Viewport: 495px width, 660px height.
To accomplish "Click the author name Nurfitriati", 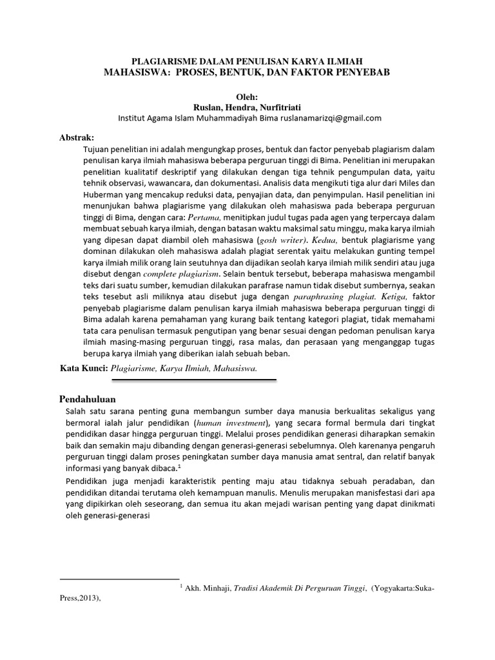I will pyautogui.click(x=286, y=107).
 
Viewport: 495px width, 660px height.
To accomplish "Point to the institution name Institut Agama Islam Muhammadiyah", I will pyautogui.click(x=194, y=118).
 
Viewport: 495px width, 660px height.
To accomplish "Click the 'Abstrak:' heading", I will pyautogui.click(x=77, y=138).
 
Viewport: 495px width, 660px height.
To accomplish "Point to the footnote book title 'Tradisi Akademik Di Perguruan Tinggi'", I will pyautogui.click(x=300, y=588).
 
